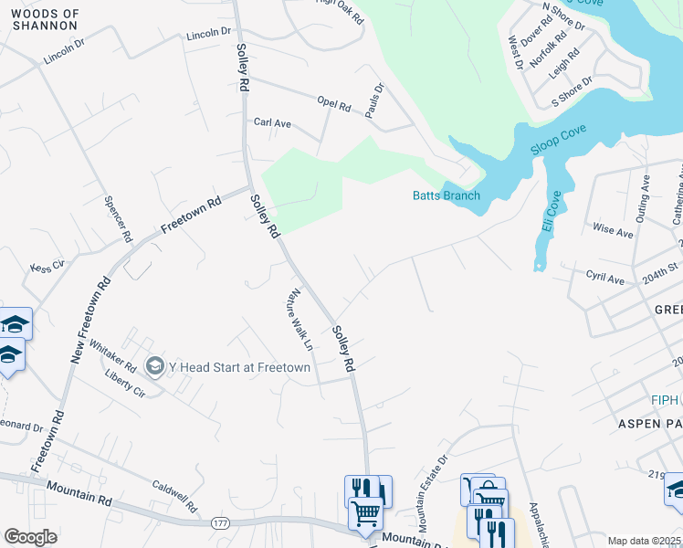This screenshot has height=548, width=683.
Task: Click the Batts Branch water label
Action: tap(446, 195)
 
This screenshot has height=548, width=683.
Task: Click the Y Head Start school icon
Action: tap(154, 366)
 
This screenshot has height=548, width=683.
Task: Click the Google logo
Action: tap(30, 537)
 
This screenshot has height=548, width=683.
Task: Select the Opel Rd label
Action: tap(333, 104)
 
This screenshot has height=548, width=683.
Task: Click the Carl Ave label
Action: tap(272, 122)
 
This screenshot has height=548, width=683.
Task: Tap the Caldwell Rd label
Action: tap(175, 497)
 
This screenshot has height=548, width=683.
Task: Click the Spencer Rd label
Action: tap(119, 219)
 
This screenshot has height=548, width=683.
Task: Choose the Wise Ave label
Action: tap(613, 232)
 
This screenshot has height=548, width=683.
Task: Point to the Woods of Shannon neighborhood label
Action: tap(46, 20)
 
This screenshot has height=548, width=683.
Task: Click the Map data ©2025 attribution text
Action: tap(643, 541)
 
